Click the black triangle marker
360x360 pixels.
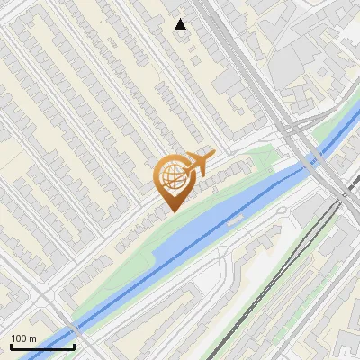[x=181, y=24]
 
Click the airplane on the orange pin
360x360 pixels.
[x=198, y=164]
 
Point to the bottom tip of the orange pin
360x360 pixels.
[x=172, y=211]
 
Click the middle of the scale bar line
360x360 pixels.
[x=41, y=346]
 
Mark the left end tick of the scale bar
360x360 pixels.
[x=10, y=346]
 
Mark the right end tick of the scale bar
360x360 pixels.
[x=73, y=346]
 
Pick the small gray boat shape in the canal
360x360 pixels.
[x=236, y=219]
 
